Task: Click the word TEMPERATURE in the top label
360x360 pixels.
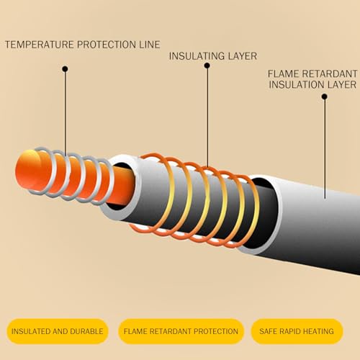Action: [x=40, y=45]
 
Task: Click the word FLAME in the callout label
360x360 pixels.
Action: [x=283, y=73]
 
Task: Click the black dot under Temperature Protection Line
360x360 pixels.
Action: [x=65, y=69]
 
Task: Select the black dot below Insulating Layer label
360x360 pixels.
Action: [x=207, y=66]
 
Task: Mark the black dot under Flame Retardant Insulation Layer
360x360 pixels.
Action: [x=325, y=96]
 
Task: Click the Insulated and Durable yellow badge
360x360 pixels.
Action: [x=58, y=331]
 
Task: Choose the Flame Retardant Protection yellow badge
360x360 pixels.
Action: [x=181, y=331]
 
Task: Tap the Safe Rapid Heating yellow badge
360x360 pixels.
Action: [x=297, y=331]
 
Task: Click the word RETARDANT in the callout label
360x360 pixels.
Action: [x=330, y=73]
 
